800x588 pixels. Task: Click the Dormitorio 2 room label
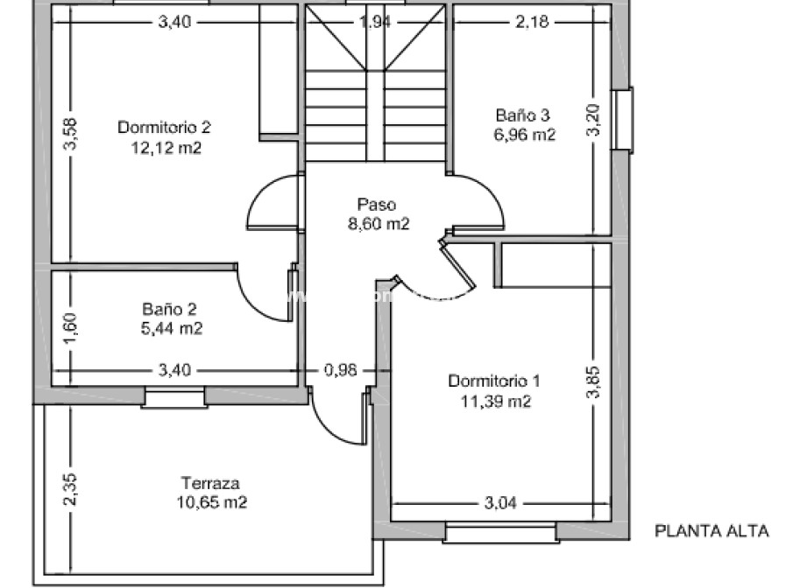pos(165,128)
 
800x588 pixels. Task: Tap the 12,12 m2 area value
pos(165,148)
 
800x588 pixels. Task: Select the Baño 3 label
pos(522,115)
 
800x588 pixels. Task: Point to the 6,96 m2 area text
pos(524,135)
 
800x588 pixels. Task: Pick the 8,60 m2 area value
pos(379,223)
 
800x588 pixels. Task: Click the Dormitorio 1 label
pos(494,381)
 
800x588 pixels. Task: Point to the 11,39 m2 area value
pos(496,402)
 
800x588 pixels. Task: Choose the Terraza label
pos(210,482)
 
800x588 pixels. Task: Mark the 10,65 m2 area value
pos(211,502)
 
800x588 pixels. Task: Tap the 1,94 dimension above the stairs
pos(376,23)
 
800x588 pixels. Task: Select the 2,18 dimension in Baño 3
pos(532,23)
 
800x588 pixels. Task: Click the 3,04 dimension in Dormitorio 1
pos(500,502)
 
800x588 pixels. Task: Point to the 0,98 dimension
pos(341,370)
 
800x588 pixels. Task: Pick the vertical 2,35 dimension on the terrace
pos(71,489)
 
